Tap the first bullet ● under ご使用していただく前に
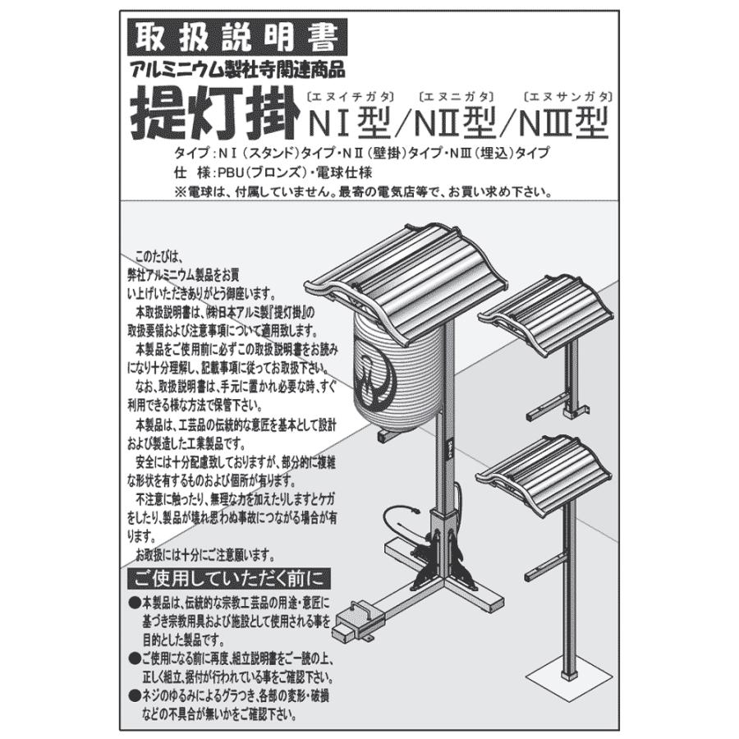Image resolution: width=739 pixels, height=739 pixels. tap(135, 604)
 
